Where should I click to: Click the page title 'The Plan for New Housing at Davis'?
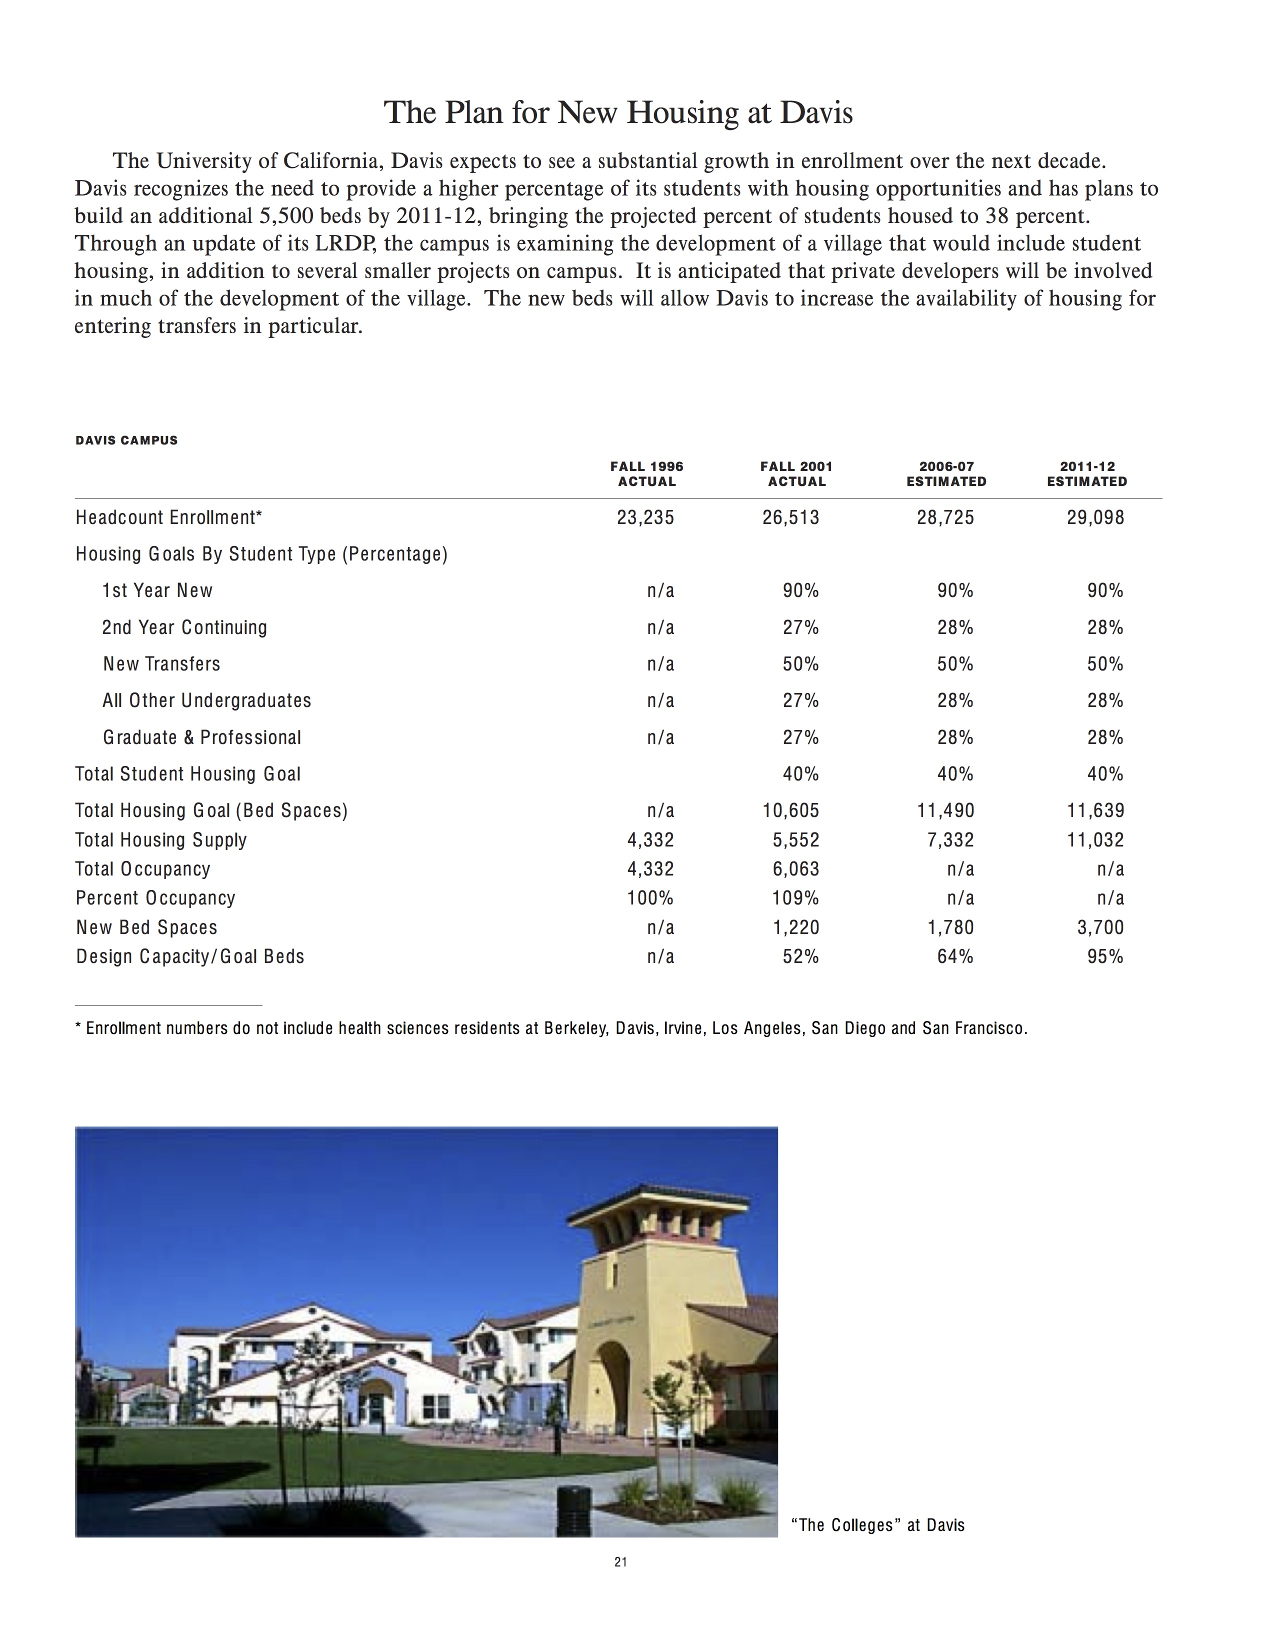pyautogui.click(x=618, y=112)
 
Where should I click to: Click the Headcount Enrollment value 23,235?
pyautogui.click(x=645, y=517)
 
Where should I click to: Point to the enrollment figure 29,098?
pyautogui.click(x=1095, y=517)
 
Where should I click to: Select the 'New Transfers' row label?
pyautogui.click(x=161, y=664)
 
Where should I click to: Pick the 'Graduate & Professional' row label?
pyautogui.click(x=201, y=737)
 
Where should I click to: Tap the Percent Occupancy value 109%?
pyautogui.click(x=795, y=898)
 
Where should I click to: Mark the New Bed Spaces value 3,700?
pyautogui.click(x=1100, y=927)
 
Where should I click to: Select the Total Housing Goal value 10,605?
pyautogui.click(x=791, y=810)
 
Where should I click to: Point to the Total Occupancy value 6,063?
pyautogui.click(x=795, y=869)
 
